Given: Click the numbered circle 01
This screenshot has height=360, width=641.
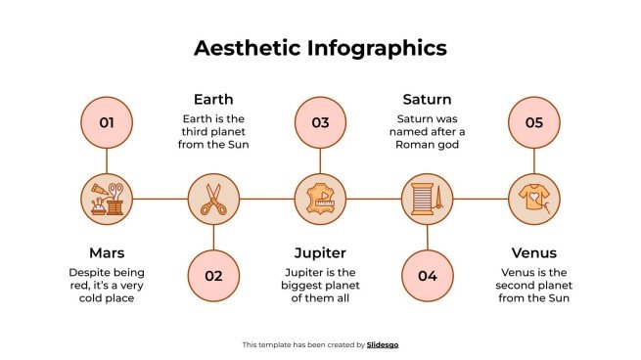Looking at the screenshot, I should click(x=107, y=122).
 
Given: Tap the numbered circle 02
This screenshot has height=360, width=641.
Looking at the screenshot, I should click(x=213, y=275).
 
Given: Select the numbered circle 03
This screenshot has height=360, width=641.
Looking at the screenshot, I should click(x=320, y=122).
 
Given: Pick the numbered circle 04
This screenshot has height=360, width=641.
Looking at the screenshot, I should click(x=427, y=275).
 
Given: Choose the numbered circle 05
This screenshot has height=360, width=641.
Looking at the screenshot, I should click(x=533, y=122).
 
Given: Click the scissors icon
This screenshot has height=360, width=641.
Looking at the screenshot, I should click(x=213, y=199).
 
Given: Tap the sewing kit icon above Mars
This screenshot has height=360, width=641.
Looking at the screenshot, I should click(x=107, y=199).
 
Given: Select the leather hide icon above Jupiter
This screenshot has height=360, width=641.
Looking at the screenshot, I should click(x=320, y=199).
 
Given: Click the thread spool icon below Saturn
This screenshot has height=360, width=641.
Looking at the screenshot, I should click(x=427, y=199).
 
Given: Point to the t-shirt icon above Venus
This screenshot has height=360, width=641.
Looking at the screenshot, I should click(x=533, y=199).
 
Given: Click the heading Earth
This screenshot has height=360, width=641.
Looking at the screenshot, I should click(x=213, y=99).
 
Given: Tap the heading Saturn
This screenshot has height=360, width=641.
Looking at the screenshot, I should click(x=427, y=99).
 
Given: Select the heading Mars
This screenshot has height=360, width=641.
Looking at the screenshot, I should click(x=107, y=253).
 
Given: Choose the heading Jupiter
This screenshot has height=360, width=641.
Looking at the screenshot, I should click(x=320, y=253).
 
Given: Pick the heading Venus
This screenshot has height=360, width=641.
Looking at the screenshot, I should click(x=533, y=253).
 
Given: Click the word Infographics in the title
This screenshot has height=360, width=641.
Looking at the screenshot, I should click(x=376, y=48).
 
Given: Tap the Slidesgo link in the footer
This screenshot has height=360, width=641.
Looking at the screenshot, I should click(x=383, y=344).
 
